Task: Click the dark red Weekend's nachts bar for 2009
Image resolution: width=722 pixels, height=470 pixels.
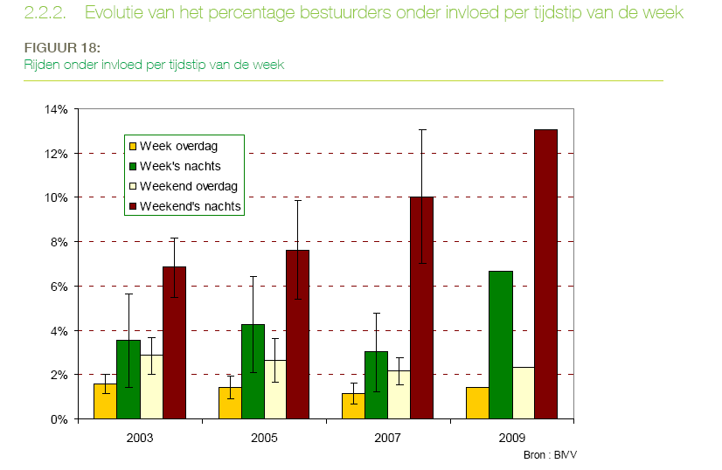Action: coord(545,274)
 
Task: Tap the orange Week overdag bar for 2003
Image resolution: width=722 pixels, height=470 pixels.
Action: coord(105,401)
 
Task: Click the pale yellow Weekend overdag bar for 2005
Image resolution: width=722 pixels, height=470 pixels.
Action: coord(274,390)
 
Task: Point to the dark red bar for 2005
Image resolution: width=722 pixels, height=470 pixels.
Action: coord(297,335)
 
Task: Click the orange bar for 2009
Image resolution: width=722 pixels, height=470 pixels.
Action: coord(477,403)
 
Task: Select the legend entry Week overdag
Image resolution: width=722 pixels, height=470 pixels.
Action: coord(178,146)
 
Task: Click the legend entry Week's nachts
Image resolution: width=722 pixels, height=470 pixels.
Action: coord(180,166)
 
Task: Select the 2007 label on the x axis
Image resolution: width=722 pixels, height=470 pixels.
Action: coord(387,434)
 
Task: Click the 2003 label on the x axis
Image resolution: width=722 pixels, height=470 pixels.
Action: coord(140,434)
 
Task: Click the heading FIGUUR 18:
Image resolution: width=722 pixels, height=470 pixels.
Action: coord(56,47)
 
